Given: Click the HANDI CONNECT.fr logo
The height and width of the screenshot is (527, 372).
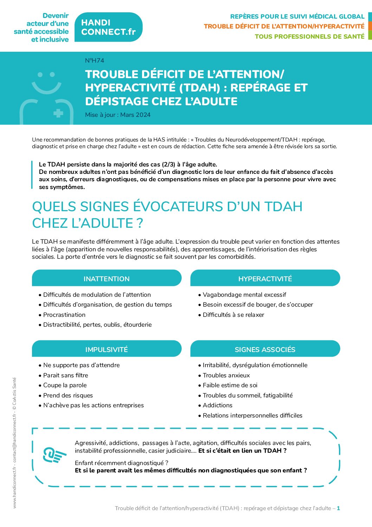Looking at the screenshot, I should tap(108, 27).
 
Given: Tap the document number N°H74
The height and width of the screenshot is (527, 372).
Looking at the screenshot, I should tap(95, 61).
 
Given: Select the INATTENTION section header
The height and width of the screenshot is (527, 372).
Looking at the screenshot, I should tap(107, 279).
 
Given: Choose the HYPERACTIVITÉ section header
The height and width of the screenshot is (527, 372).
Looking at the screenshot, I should tap(265, 279).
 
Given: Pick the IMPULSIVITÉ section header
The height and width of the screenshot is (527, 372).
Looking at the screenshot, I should tap(107, 350).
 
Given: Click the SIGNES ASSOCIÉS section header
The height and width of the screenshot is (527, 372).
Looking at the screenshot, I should tap(265, 350).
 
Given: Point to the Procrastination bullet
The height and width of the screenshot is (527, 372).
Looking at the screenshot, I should tap(64, 315).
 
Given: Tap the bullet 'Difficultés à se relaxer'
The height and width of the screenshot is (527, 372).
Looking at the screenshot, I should tap(233, 315).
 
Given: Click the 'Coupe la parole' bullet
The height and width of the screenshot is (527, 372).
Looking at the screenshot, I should tap(65, 385).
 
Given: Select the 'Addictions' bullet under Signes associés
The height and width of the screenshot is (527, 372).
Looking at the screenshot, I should tap(217, 405).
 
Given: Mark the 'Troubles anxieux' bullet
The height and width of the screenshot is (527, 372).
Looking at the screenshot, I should tap(226, 375).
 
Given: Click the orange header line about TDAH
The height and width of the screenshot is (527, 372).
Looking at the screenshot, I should tap(284, 26).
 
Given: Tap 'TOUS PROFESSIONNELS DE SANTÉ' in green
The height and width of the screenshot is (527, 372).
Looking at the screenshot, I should tap(309, 37).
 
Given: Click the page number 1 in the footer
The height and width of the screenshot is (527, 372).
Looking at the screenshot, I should tap(338, 508).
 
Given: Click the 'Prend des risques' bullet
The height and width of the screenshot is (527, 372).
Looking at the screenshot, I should tap(68, 395).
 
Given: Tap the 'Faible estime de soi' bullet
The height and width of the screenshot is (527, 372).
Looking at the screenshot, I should tap(230, 385).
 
